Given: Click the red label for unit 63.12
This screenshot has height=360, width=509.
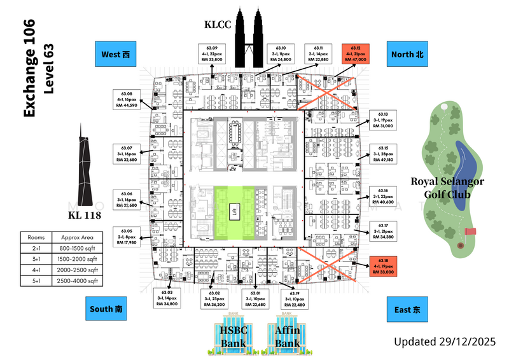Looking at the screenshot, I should pyautogui.click(x=355, y=53).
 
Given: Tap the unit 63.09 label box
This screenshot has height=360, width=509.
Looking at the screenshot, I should pyautogui.click(x=212, y=53).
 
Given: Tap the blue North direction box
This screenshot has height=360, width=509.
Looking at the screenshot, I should pyautogui.click(x=407, y=55).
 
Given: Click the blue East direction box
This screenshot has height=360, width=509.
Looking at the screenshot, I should pyautogui.click(x=407, y=310).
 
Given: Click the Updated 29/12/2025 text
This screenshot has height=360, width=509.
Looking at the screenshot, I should pyautogui.click(x=445, y=342).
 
